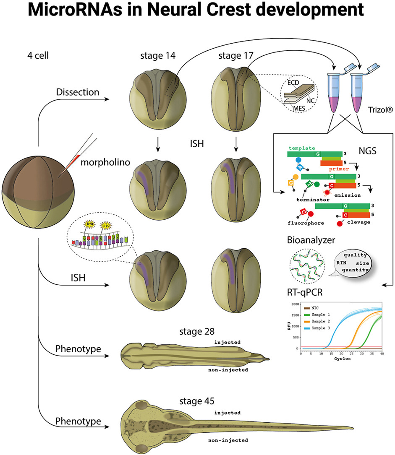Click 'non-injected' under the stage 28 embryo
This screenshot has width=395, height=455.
tap(229, 369)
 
